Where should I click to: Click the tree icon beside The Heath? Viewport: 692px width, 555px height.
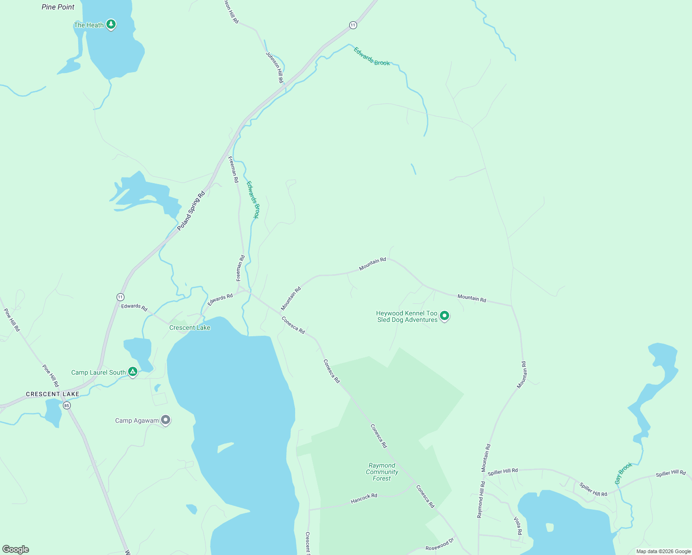tap(111, 24)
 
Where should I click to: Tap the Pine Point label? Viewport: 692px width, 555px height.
tap(58, 7)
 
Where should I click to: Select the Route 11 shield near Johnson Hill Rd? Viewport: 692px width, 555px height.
tap(353, 25)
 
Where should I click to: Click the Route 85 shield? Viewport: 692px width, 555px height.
tap(67, 406)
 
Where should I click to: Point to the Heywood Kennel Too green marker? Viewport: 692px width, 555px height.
tap(445, 316)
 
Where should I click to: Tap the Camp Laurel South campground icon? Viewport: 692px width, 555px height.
tap(133, 372)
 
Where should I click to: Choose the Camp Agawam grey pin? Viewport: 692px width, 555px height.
tap(166, 420)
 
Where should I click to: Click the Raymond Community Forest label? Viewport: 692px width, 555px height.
tap(382, 472)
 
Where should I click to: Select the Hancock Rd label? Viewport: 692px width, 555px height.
tap(364, 498)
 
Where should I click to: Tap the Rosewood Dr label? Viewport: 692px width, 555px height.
tap(439, 544)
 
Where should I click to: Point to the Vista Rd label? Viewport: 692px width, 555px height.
tap(518, 526)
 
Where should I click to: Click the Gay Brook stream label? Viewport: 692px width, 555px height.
tap(624, 474)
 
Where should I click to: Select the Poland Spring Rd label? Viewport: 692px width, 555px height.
tap(191, 211)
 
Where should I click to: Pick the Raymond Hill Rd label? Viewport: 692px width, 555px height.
tap(481, 499)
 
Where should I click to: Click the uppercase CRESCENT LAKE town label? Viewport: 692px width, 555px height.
tap(53, 394)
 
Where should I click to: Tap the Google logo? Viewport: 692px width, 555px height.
tap(16, 549)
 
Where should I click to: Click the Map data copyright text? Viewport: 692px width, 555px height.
tap(663, 551)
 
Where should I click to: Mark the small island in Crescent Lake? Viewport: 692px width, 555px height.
tap(225, 447)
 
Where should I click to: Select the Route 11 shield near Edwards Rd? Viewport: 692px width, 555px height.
tap(120, 297)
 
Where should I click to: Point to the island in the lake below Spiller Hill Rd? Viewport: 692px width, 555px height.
tap(550, 527)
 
